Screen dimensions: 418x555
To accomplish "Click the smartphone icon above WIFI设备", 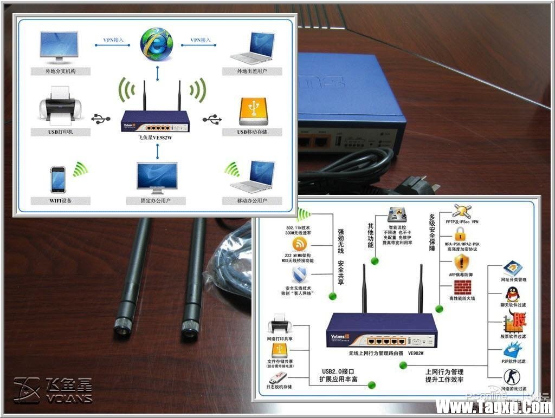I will point(58,179).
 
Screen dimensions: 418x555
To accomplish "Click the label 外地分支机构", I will point(60,71).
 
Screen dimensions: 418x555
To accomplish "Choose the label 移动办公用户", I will point(252,201).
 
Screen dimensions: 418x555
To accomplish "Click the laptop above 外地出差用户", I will point(251,49).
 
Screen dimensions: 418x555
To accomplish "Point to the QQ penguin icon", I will point(512,295).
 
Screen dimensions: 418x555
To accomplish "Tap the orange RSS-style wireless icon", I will point(300,244).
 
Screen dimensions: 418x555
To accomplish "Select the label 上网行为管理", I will point(444,372).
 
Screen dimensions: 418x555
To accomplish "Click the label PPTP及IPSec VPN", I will point(462,222).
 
